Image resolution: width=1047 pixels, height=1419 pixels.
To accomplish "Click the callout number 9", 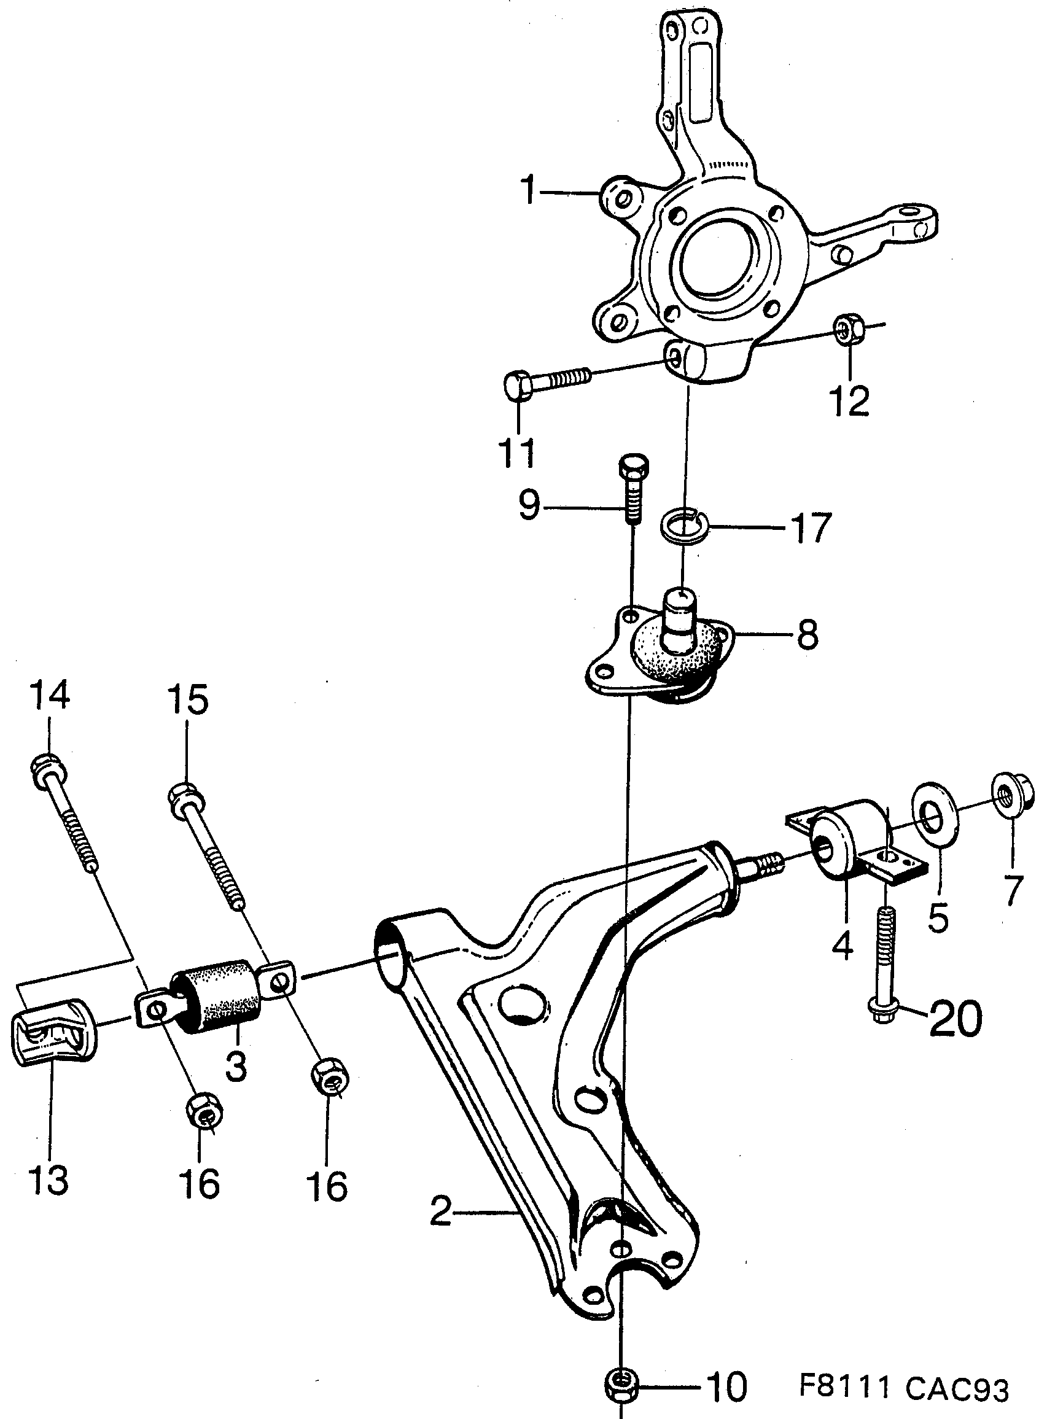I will [529, 506].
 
